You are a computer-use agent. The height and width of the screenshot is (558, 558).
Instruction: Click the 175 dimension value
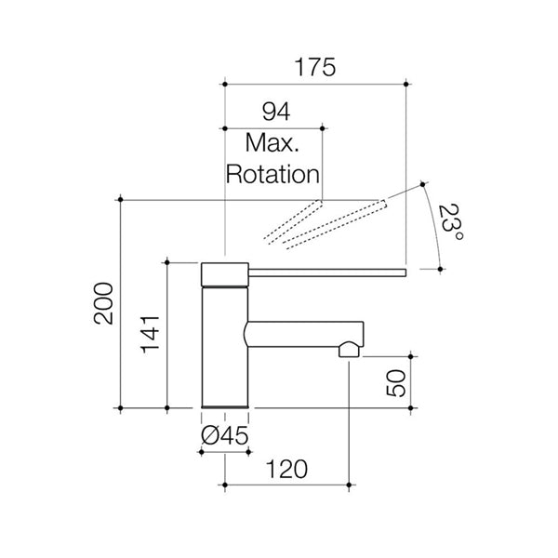[315, 68]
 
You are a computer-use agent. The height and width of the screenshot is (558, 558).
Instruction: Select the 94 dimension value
[275, 113]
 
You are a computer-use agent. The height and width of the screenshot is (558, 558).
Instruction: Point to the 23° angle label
[453, 224]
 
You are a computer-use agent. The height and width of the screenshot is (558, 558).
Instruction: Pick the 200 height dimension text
[104, 303]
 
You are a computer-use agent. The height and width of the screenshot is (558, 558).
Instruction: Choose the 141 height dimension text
[150, 336]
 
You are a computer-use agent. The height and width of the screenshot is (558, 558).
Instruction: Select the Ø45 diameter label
[224, 435]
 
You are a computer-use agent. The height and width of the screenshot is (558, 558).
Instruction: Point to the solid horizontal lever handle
[325, 272]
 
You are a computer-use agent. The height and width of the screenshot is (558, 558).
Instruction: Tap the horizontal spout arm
[298, 333]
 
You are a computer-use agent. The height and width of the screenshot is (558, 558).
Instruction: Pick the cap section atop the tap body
[225, 274]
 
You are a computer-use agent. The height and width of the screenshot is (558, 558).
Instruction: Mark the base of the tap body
[225, 405]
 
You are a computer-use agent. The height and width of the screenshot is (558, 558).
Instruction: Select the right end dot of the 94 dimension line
[321, 127]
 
